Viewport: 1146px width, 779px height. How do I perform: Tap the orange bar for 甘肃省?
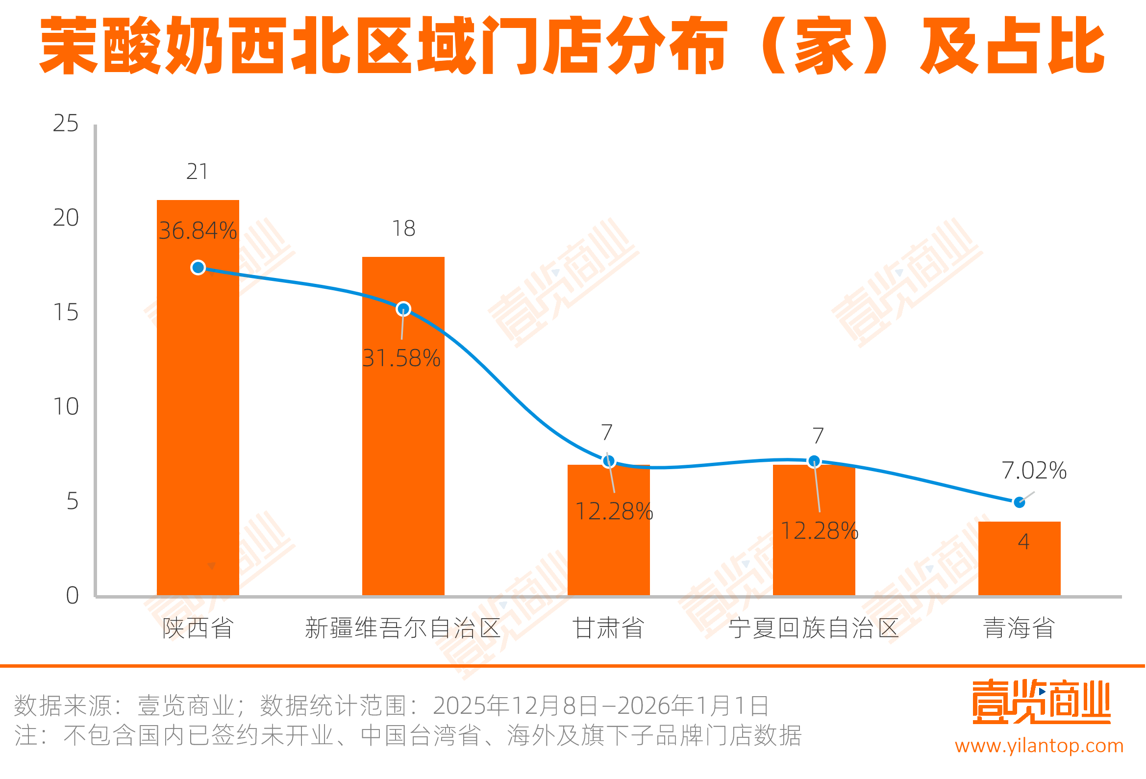tap(608, 553)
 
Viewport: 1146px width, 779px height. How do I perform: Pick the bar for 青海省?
tap(1019, 567)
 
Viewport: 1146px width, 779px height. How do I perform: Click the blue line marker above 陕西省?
tap(198, 267)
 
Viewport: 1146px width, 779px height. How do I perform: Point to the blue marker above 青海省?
tap(1019, 503)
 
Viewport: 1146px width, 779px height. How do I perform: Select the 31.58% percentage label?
tap(401, 359)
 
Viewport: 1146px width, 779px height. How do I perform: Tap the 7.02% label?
tap(1034, 471)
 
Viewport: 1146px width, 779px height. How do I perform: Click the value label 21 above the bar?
tap(197, 172)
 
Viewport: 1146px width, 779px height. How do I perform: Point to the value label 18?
tap(403, 228)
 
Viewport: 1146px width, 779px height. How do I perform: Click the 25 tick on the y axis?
tap(66, 124)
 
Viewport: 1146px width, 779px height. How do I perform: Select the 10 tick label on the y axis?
tap(66, 407)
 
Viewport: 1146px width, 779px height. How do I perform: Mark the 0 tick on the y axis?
tap(72, 596)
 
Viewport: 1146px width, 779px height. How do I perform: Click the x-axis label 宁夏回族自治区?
tap(814, 628)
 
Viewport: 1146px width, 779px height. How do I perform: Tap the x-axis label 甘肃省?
tap(608, 628)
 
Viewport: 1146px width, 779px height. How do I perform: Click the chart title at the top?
tap(572, 46)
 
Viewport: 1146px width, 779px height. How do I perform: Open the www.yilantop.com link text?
tap(1039, 746)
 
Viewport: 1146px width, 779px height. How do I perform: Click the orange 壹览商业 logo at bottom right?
tap(1041, 702)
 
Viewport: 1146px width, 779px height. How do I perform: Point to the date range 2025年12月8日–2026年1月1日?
tap(600, 705)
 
